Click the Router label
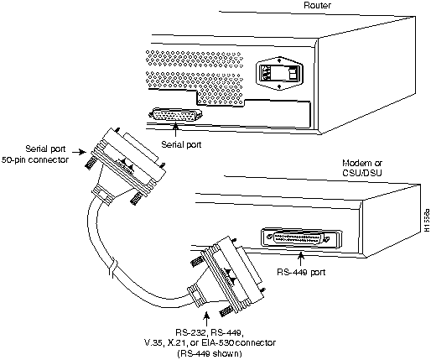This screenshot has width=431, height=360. pos(317,5)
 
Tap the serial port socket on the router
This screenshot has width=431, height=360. pos(176,115)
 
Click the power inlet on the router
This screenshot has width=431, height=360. pos(264,73)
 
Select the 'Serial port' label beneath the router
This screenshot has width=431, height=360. pos(181,144)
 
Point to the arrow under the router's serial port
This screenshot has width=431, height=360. pos(175,129)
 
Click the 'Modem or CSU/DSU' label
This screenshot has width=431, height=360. pos(362,168)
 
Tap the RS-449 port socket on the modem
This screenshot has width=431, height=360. pos(301,239)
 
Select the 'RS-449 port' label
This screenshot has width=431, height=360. pos(301,272)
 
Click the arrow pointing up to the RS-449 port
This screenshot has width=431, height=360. pos(301,258)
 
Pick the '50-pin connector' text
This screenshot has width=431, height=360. pos(35,159)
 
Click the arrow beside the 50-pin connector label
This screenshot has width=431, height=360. pos(79,152)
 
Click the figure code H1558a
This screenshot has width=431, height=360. pos(426,221)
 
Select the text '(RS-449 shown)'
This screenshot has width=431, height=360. pos(210,353)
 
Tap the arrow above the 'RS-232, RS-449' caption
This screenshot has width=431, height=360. pos(206,320)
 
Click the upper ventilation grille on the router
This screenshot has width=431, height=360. pos(195,59)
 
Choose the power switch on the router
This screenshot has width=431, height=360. pos(293,74)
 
